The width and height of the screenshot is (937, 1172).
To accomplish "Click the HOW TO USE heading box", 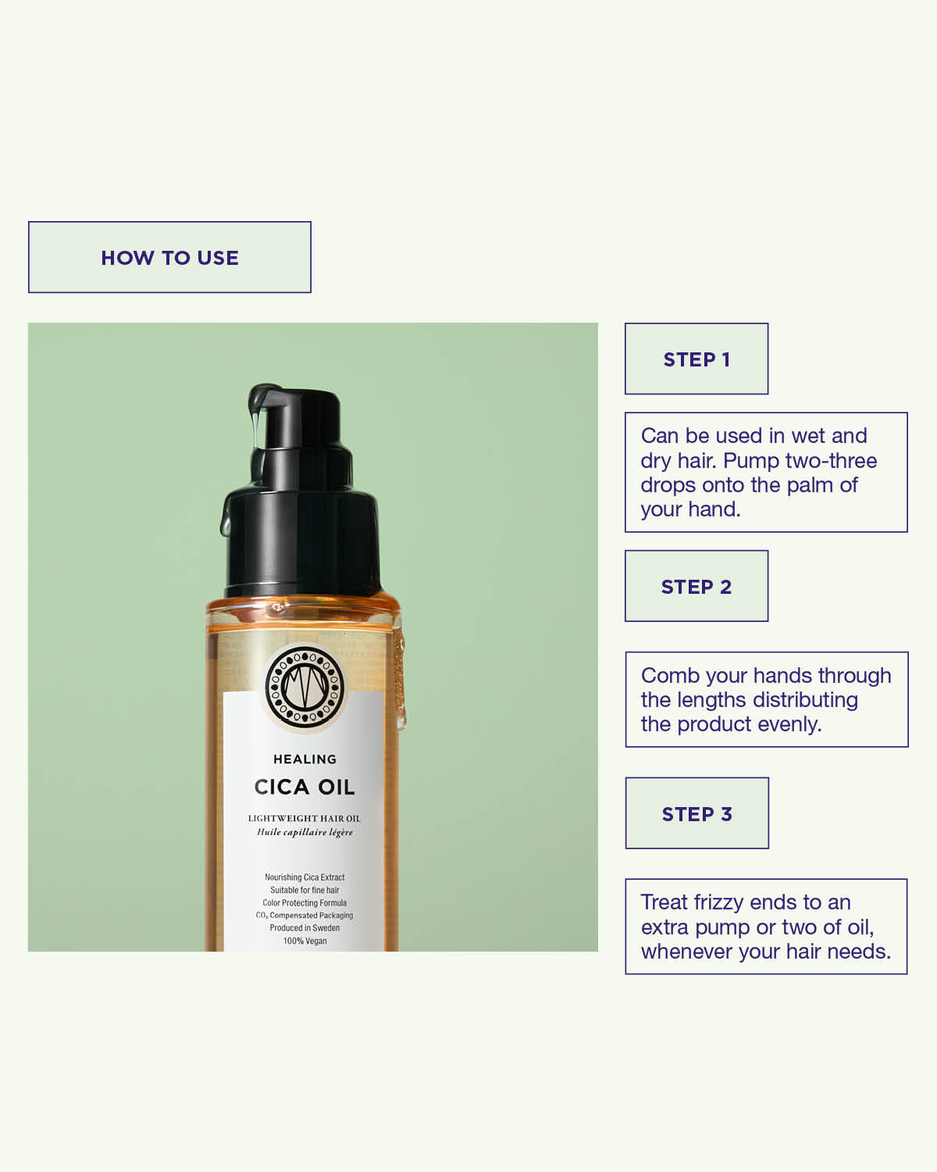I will pyautogui.click(x=169, y=257).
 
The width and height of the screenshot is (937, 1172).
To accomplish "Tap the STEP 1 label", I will pyautogui.click(x=697, y=359).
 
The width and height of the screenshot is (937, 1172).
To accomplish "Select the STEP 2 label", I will pyautogui.click(x=697, y=587).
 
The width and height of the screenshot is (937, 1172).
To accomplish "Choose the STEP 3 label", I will pyautogui.click(x=697, y=813).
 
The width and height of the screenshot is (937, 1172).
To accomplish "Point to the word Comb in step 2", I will pyautogui.click(x=668, y=675).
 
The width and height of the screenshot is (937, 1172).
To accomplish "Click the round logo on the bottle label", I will pyautogui.click(x=305, y=687).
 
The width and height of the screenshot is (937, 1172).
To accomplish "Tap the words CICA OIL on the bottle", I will pyautogui.click(x=305, y=787).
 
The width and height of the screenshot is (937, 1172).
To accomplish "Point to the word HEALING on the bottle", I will pyautogui.click(x=305, y=759).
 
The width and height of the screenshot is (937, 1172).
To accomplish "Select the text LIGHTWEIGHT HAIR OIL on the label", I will pyautogui.click(x=305, y=818).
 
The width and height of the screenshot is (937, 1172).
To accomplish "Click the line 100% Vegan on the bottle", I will pyautogui.click(x=305, y=941).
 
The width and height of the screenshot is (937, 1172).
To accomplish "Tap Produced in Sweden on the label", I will pyautogui.click(x=305, y=928).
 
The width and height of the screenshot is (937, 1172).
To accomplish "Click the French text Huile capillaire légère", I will pyautogui.click(x=305, y=832).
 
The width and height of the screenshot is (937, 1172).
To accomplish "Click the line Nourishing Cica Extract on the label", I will pyautogui.click(x=305, y=877).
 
